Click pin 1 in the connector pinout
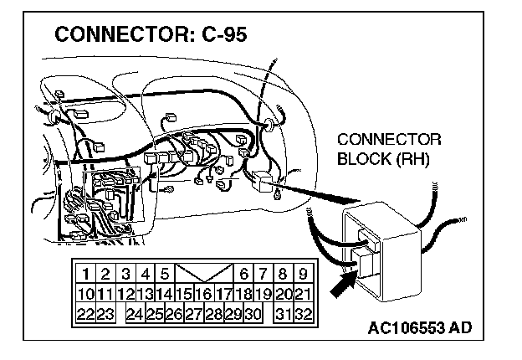pyautogui.click(x=87, y=274)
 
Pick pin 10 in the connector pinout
pyautogui.click(x=85, y=294)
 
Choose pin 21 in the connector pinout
pyautogui.click(x=302, y=294)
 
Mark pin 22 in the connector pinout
pyautogui.click(x=85, y=314)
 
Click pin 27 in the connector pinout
pyautogui.click(x=193, y=314)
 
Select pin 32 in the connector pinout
pyautogui.click(x=302, y=314)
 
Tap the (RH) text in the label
pyautogui.click(x=411, y=158)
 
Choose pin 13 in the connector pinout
pyautogui.click(x=145, y=294)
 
